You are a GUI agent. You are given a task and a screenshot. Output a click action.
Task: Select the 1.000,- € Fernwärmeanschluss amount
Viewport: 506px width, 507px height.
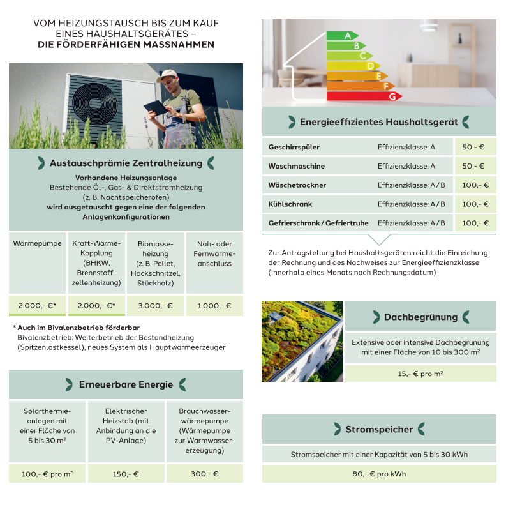point(214,305)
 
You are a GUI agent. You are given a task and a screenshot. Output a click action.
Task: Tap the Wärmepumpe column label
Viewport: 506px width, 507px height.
point(37,244)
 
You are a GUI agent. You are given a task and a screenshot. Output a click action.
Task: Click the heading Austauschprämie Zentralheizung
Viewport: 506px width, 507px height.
point(126,163)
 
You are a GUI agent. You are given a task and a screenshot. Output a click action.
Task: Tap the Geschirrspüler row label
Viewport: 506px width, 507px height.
point(294,148)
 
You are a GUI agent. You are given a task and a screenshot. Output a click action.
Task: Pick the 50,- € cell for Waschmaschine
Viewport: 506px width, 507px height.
point(473,166)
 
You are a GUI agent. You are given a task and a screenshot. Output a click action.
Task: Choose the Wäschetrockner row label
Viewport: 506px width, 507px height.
point(297,185)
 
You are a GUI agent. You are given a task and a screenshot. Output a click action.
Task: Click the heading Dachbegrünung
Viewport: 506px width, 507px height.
point(420,317)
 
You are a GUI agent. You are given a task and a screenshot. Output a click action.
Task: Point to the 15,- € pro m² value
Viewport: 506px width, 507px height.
point(420,374)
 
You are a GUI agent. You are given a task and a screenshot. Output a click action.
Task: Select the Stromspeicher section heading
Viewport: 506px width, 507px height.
point(379,429)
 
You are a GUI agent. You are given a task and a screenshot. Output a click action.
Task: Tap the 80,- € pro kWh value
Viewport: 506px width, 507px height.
point(379,474)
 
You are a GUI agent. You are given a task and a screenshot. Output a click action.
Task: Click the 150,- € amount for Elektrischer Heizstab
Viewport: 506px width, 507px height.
point(125,474)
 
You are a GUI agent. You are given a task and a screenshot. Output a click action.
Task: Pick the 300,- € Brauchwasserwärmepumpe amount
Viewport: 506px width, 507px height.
point(204,474)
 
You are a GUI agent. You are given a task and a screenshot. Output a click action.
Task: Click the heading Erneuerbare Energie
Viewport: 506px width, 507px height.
point(126,384)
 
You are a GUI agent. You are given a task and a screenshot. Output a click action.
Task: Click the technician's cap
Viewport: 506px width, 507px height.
point(167,74)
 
